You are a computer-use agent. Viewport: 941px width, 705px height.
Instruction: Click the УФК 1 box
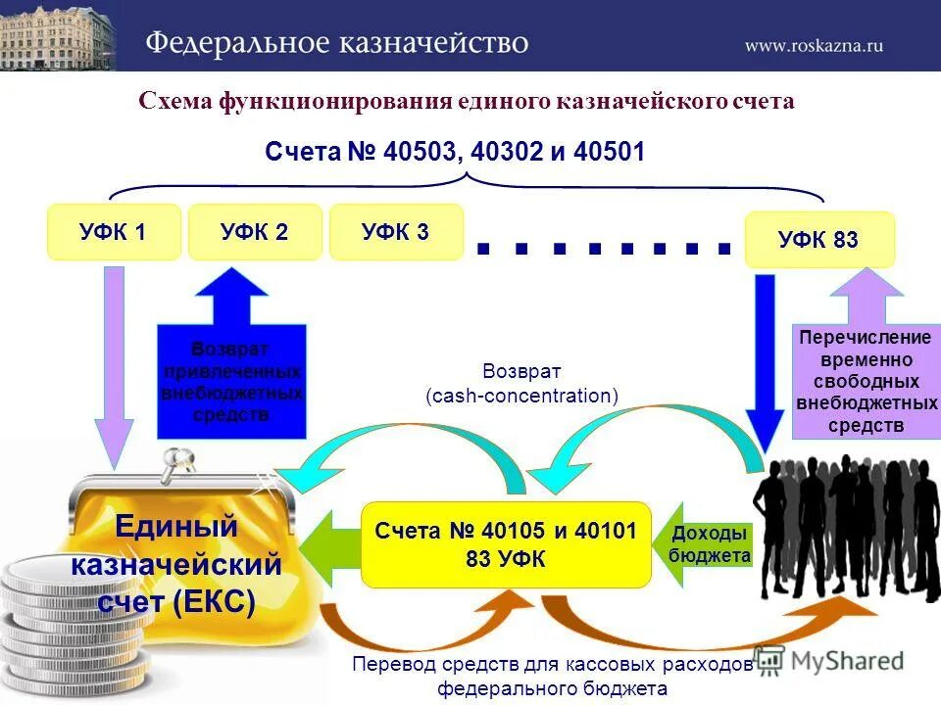pyautogui.click(x=114, y=232)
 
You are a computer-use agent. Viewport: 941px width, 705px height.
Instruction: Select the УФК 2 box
pyautogui.click(x=255, y=232)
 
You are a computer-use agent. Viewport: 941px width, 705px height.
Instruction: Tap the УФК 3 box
pyautogui.click(x=396, y=232)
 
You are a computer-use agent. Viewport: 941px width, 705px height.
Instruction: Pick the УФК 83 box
pyautogui.click(x=819, y=240)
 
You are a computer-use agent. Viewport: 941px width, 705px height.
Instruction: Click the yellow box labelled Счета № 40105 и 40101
pyautogui.click(x=506, y=544)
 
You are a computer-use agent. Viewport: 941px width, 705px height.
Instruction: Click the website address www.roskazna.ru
pyautogui.click(x=813, y=44)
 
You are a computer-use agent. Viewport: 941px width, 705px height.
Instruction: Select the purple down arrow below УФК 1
pyautogui.click(x=114, y=362)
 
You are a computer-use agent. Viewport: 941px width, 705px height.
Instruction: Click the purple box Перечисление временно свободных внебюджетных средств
pyautogui.click(x=866, y=382)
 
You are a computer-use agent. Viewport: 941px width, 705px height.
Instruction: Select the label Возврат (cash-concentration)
pyautogui.click(x=521, y=384)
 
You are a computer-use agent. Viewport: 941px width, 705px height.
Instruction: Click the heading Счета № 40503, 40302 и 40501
pyautogui.click(x=455, y=153)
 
